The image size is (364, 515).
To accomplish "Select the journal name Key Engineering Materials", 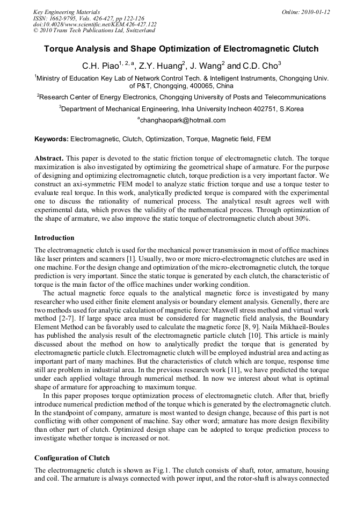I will (67, 12).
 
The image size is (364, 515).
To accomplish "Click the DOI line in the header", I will (95, 24).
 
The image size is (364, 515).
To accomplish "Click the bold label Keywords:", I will (52, 139).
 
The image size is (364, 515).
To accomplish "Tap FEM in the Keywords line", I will (263, 139).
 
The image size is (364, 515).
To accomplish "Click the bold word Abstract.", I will (49, 159).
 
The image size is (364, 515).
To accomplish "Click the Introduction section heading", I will (54, 237).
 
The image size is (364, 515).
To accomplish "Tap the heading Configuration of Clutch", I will (72, 458).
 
